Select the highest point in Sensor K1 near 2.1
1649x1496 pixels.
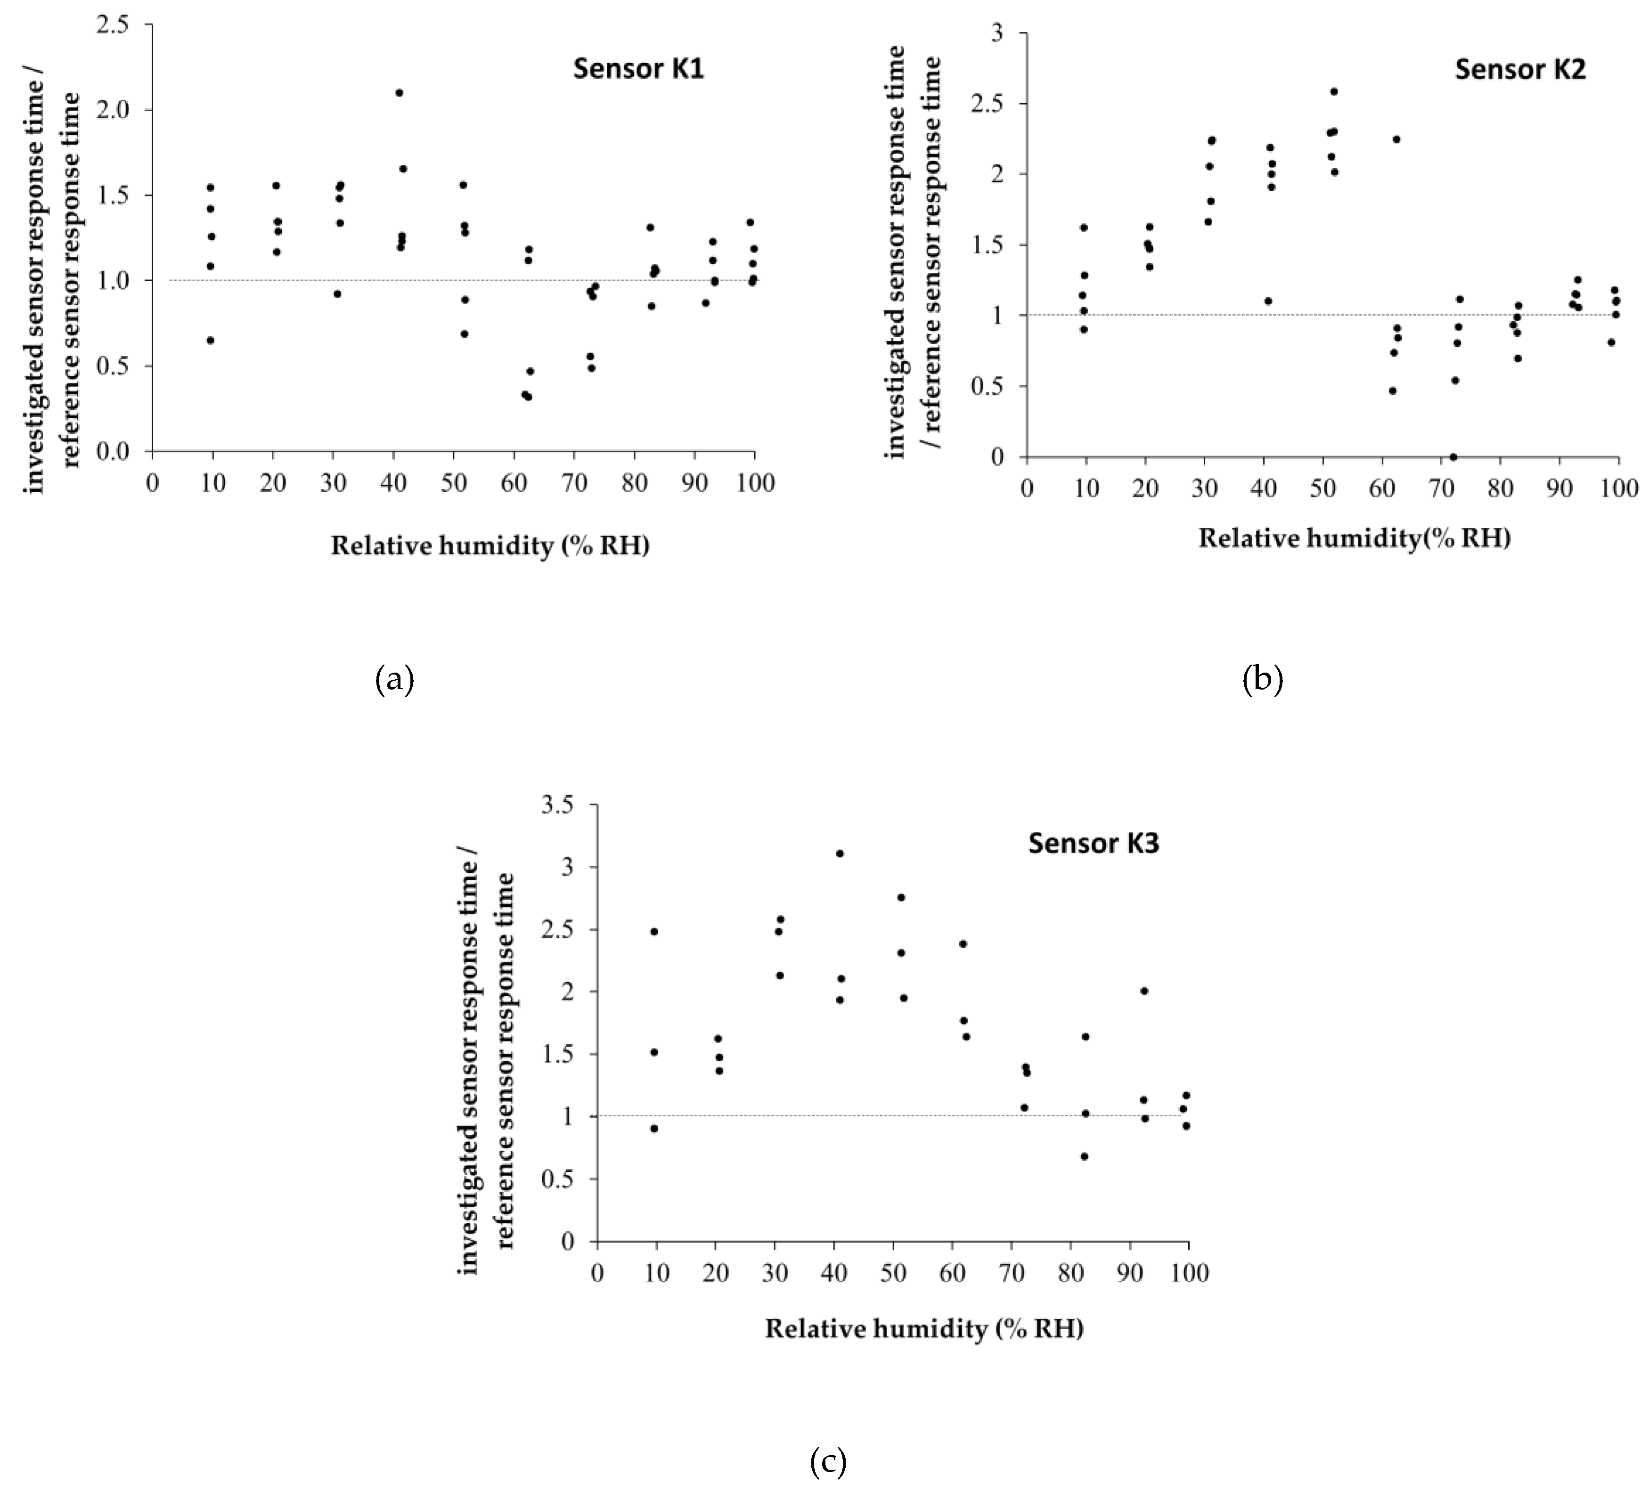[399, 92]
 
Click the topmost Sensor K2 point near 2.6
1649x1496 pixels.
[1334, 91]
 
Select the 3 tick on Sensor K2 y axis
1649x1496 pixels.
[1000, 33]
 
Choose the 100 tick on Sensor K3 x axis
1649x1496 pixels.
[1189, 1274]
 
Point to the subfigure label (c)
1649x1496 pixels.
[828, 1462]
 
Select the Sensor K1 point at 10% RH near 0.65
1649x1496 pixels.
[210, 340]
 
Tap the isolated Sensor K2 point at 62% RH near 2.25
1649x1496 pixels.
[1396, 139]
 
